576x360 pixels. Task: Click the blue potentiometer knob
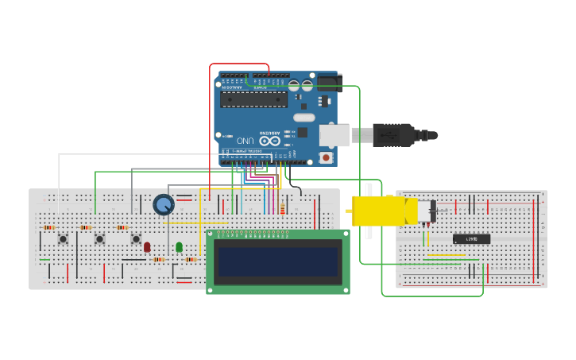[x=164, y=205]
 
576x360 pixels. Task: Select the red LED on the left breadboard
[x=147, y=246]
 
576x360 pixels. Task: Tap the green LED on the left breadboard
[x=179, y=246]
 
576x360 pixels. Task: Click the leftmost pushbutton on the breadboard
[x=63, y=238]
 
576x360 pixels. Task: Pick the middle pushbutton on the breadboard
[x=99, y=238]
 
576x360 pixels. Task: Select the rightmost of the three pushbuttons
[x=136, y=238]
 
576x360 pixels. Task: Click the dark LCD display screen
[x=278, y=261]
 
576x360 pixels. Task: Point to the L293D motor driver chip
[x=471, y=238]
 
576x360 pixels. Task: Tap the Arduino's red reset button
[x=326, y=157]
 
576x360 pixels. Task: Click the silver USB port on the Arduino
[x=334, y=135]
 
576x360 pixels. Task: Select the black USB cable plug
[x=393, y=135]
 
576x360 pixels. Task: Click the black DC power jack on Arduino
[x=329, y=83]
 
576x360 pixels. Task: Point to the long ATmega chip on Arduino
[x=254, y=99]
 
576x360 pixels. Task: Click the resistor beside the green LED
[x=191, y=259]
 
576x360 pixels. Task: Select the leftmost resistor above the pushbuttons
[x=49, y=227]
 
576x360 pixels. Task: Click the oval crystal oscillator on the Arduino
[x=303, y=118]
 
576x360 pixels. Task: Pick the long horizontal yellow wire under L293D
[x=446, y=255]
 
